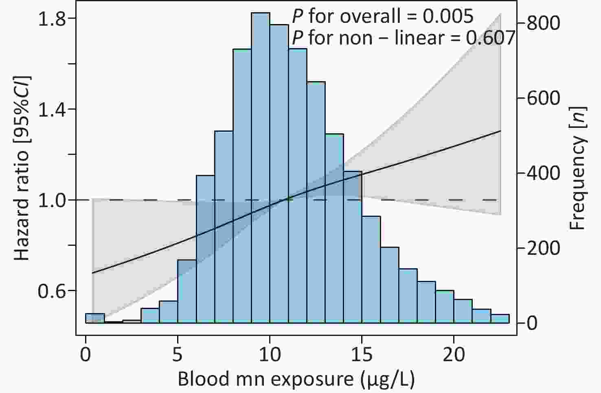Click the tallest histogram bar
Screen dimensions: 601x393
coord(261,168)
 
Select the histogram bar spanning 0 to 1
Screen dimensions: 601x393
coord(95,318)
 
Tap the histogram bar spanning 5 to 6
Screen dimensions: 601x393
coord(187,291)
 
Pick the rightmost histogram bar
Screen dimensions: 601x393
coord(500,318)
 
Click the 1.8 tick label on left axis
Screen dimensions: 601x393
coord(52,18)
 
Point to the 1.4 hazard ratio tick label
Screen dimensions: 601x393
coord(52,109)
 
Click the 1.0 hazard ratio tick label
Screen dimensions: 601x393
coord(52,200)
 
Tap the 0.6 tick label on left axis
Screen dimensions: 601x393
coord(52,291)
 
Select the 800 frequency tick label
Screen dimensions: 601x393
coord(544,23)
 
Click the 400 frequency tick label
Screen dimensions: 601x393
coord(544,173)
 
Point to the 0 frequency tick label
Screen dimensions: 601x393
coord(532,323)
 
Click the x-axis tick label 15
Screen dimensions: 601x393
coord(362,354)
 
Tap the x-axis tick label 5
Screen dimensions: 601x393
coord(178,354)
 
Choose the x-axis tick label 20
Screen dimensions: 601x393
coord(454,354)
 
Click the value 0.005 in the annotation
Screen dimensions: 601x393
coord(448,16)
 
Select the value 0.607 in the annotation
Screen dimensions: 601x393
coord(490,38)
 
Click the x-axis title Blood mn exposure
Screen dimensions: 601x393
coord(265,379)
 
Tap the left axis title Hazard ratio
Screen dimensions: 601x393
coord(22,205)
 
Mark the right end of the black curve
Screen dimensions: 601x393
coord(501,131)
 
